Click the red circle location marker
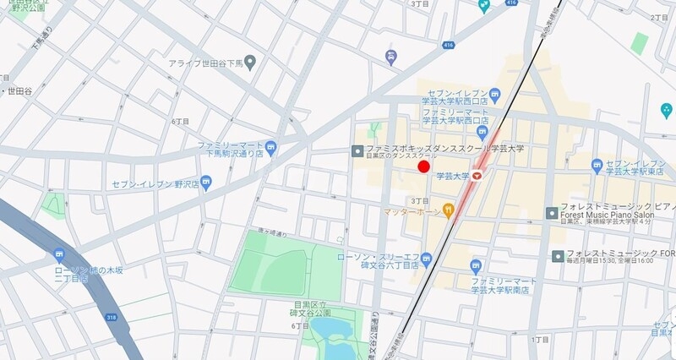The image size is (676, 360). pyautogui.click(x=424, y=166)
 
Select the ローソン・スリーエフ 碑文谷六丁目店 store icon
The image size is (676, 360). pyautogui.click(x=427, y=258)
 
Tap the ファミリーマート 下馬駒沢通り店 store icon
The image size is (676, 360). pyautogui.click(x=270, y=147)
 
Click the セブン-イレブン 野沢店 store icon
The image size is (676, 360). pyautogui.click(x=206, y=183)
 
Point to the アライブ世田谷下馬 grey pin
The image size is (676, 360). pyautogui.click(x=251, y=63)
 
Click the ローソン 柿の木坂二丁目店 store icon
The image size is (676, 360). pyautogui.click(x=58, y=254)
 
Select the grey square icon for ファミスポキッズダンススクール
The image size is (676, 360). pyautogui.click(x=357, y=150)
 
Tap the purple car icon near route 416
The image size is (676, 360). pyautogui.click(x=390, y=57)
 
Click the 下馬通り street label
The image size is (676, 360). pyautogui.click(x=39, y=41)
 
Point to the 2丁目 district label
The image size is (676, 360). pyautogui.click(x=660, y=17)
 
